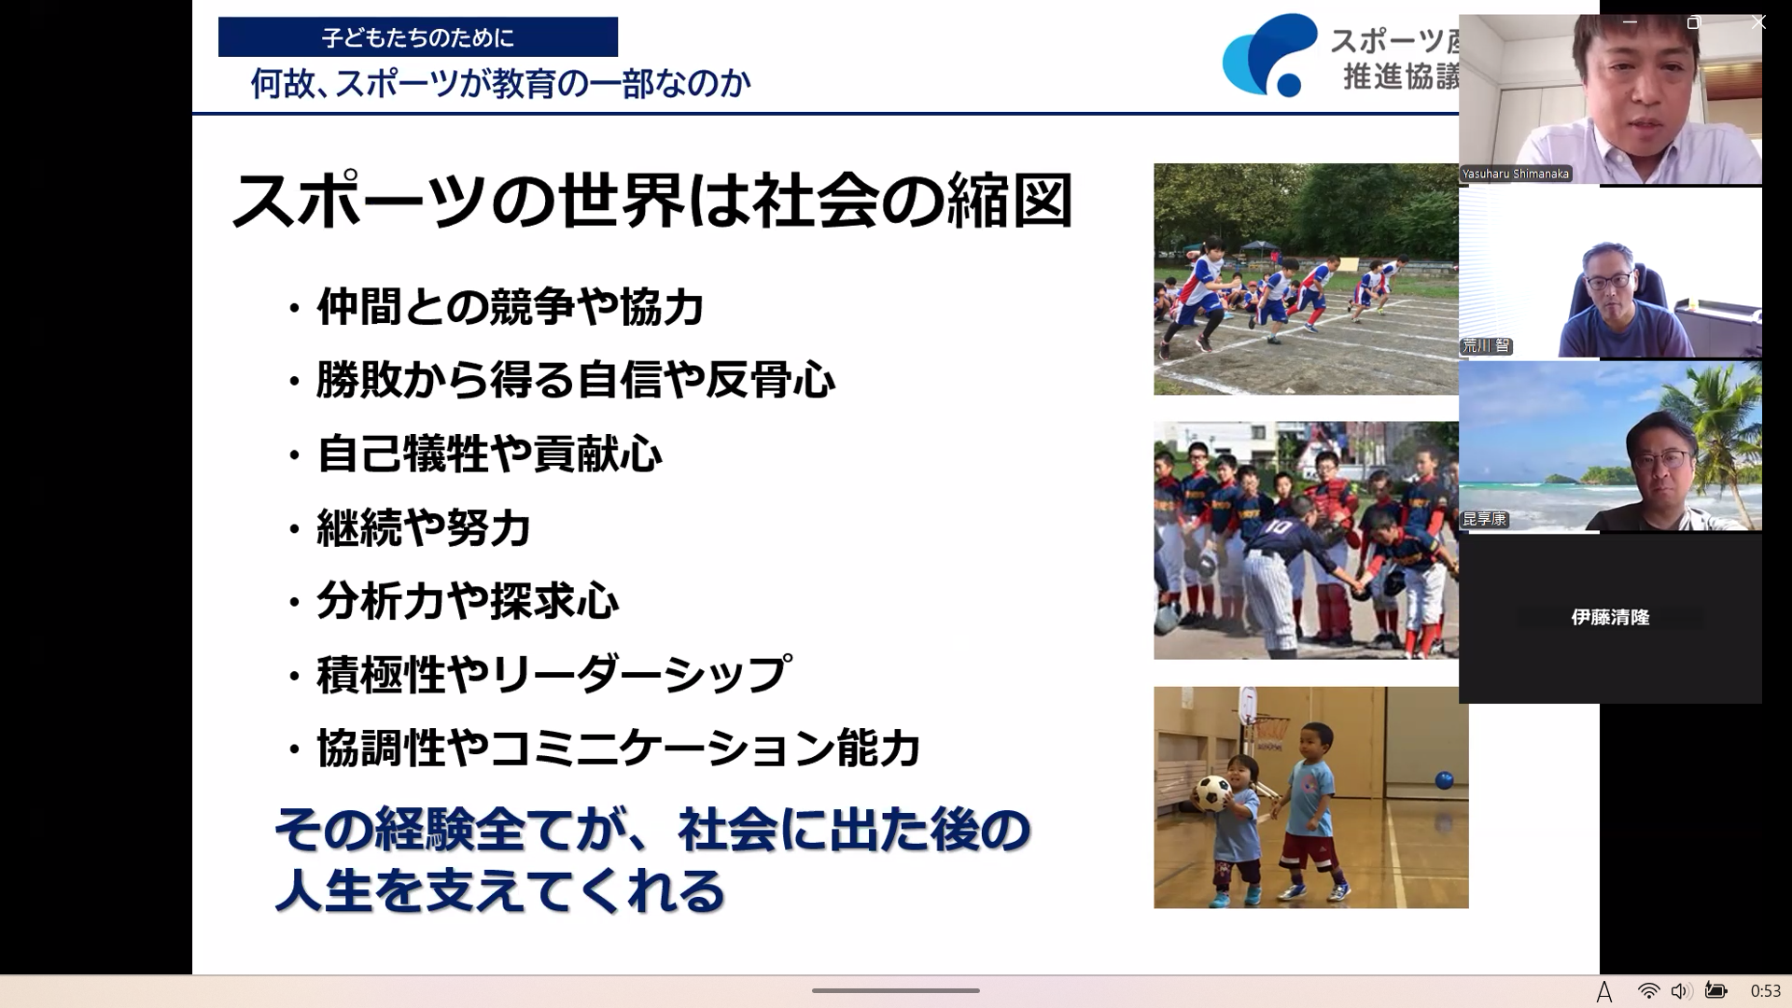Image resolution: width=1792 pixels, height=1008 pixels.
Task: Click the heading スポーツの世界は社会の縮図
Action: pyautogui.click(x=651, y=201)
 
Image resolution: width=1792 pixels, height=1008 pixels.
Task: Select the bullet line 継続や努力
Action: pyautogui.click(x=424, y=528)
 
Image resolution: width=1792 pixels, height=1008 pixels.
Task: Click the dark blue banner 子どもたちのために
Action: pyautogui.click(x=418, y=37)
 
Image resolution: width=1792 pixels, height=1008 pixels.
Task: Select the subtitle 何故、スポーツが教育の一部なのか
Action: pyautogui.click(x=500, y=84)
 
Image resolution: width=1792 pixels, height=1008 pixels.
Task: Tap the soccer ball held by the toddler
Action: pyautogui.click(x=1212, y=793)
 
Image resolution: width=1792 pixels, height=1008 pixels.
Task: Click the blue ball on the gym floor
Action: pyautogui.click(x=1444, y=780)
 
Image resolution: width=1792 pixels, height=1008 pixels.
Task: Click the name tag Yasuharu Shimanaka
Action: pyautogui.click(x=1516, y=174)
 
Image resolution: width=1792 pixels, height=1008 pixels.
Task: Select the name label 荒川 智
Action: pyautogui.click(x=1486, y=346)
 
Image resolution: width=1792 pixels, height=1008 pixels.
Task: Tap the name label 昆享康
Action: pyautogui.click(x=1484, y=519)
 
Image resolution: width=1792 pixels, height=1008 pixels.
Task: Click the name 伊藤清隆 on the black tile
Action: pyautogui.click(x=1610, y=617)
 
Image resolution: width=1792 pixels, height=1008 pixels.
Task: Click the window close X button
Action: pyautogui.click(x=1758, y=22)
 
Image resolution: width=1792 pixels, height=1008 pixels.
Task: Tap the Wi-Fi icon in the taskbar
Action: pyautogui.click(x=1648, y=991)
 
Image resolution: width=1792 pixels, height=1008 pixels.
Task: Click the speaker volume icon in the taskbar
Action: pyautogui.click(x=1680, y=991)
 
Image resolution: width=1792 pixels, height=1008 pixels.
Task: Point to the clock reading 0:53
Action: pyautogui.click(x=1765, y=991)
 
